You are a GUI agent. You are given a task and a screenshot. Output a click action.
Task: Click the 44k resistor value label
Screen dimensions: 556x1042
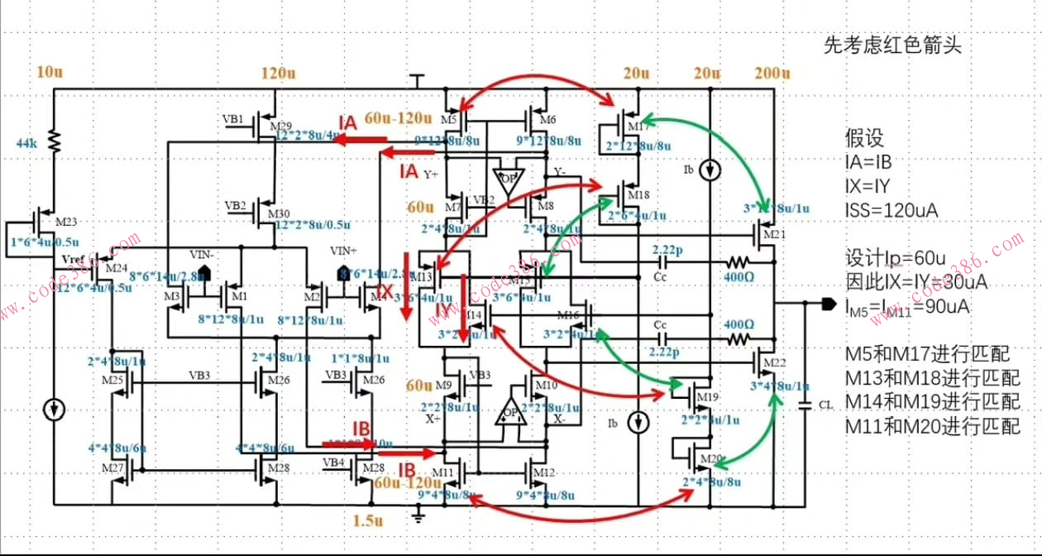click(28, 143)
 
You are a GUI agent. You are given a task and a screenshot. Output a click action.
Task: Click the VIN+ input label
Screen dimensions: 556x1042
click(342, 251)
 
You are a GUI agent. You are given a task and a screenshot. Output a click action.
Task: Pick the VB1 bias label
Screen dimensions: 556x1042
click(233, 118)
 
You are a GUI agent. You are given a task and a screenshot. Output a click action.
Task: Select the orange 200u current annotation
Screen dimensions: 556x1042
click(772, 74)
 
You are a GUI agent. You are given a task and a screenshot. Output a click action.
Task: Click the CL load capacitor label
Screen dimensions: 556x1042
click(825, 405)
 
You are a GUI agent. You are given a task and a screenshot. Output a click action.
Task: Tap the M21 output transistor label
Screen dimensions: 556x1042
click(774, 235)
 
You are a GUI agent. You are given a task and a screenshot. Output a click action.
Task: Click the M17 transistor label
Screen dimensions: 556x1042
click(638, 127)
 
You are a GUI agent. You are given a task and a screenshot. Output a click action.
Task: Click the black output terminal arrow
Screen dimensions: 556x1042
click(828, 304)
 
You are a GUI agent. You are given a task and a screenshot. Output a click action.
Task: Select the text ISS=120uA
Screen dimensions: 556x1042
click(891, 210)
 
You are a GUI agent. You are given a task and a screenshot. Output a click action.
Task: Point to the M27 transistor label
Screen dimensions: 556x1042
click(113, 468)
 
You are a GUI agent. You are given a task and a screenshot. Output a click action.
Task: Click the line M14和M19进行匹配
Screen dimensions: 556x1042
click(932, 402)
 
